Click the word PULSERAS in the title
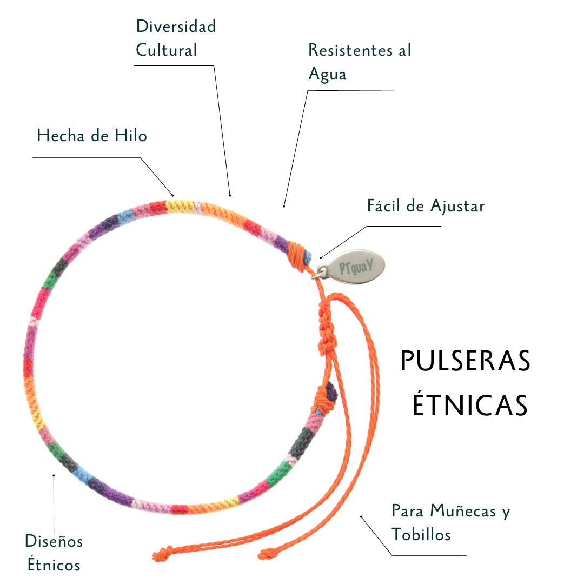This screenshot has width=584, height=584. tap(465, 362)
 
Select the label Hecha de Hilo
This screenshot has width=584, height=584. tap(92, 135)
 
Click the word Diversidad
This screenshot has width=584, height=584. tap(176, 26)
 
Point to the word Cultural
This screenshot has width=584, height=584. tap(166, 50)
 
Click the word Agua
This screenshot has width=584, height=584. tap(327, 75)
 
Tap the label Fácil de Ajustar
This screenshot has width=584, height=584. tap(426, 206)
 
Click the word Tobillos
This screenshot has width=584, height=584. tap(421, 535)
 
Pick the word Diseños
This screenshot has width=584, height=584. tap(54, 541)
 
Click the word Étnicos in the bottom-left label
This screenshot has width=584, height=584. tap(54, 565)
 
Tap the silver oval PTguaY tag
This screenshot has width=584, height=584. tap(357, 265)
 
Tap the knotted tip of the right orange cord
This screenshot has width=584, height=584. tap(266, 554)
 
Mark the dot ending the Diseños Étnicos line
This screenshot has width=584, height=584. tap(54, 475)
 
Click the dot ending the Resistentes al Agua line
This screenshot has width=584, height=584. tap(284, 206)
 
